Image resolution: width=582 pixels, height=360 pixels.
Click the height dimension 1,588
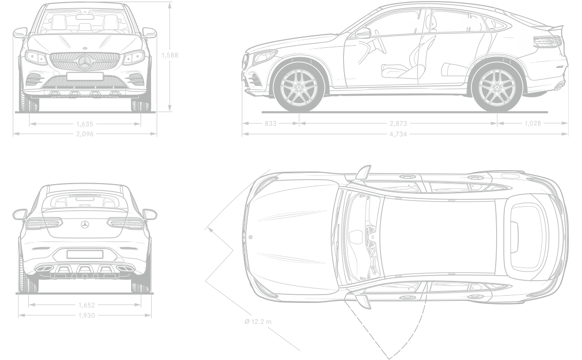[170, 56]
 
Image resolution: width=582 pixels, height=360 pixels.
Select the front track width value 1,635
[85, 124]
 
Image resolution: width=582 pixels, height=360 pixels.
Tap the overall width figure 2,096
[85, 134]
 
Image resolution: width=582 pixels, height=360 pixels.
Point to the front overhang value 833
[270, 123]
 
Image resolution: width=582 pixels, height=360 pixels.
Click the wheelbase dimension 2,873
[398, 123]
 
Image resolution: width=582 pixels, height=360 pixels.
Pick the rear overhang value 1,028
[533, 123]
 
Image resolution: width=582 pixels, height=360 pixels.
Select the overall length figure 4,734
[398, 134]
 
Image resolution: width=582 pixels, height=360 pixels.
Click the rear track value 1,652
[86, 305]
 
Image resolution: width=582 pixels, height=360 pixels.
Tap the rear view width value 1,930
[86, 315]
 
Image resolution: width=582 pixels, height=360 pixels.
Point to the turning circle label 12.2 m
[261, 321]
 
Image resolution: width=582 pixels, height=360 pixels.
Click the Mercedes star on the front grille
[85, 62]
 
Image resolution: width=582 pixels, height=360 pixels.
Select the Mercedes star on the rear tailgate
[85, 225]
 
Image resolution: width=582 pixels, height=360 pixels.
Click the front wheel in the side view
[299, 88]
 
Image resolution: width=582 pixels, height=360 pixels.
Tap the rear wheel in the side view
[497, 88]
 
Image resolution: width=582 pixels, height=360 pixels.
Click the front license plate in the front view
[85, 77]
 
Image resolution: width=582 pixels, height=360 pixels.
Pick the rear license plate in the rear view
[85, 254]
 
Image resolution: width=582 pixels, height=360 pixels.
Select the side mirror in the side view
[363, 33]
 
